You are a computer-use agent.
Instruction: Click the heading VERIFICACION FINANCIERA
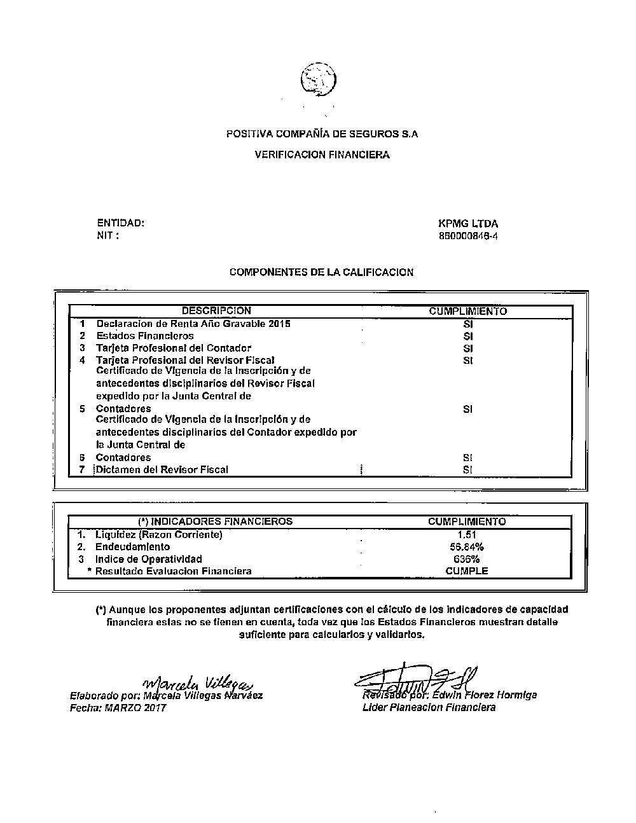(x=322, y=155)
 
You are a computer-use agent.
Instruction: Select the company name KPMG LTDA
(x=468, y=224)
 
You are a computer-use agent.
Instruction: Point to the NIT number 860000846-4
(x=468, y=236)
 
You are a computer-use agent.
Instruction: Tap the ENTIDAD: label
(x=121, y=223)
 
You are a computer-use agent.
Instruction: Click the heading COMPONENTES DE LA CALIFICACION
(x=321, y=272)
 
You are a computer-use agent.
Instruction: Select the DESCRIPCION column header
(x=216, y=311)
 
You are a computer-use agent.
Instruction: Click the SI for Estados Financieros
(x=468, y=336)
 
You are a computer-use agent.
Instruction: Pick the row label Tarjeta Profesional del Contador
(x=173, y=348)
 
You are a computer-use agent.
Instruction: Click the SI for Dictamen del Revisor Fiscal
(x=468, y=470)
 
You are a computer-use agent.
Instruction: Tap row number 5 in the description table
(x=83, y=408)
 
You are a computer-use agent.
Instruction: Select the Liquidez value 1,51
(x=467, y=535)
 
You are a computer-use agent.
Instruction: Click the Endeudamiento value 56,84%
(x=467, y=547)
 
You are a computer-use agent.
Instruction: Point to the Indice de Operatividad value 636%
(x=467, y=559)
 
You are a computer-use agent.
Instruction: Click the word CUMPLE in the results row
(x=467, y=571)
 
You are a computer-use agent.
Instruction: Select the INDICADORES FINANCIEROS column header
(x=216, y=522)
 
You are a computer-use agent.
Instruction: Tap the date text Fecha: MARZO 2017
(x=118, y=707)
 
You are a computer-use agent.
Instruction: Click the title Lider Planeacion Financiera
(x=429, y=707)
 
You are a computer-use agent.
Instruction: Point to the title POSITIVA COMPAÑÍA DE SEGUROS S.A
(x=322, y=134)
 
